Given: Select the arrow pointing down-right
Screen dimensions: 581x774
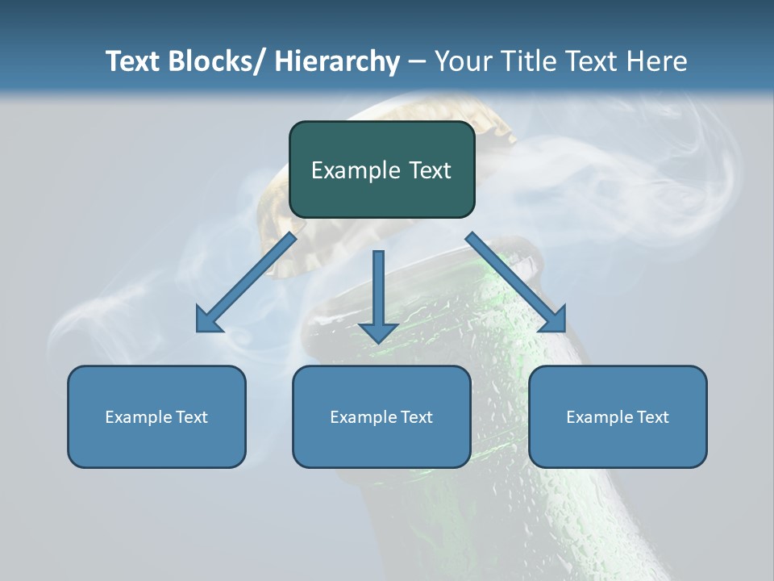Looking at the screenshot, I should (517, 282).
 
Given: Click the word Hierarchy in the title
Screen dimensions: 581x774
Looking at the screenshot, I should (337, 61).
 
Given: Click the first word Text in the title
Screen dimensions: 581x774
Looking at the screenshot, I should (133, 61).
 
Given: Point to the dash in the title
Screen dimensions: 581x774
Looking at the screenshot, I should (417, 61).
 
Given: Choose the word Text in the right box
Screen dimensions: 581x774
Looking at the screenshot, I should (653, 417).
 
